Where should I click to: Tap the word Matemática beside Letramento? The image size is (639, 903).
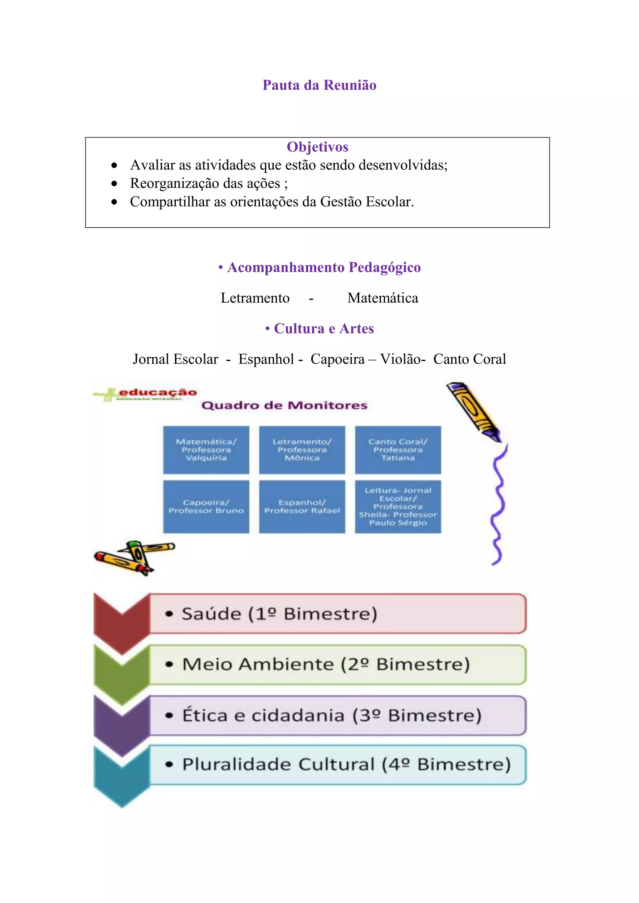[x=383, y=298]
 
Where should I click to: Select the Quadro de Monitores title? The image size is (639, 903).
[x=284, y=405]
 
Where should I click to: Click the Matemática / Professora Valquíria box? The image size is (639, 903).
[x=206, y=450]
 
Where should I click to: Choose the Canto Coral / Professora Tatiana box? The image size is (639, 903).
[x=398, y=450]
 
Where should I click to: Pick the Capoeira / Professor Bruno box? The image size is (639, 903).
[x=206, y=507]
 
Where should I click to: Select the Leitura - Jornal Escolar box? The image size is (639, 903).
[x=398, y=507]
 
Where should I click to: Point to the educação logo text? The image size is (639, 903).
[x=157, y=393]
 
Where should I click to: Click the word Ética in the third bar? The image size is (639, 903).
[x=205, y=715]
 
